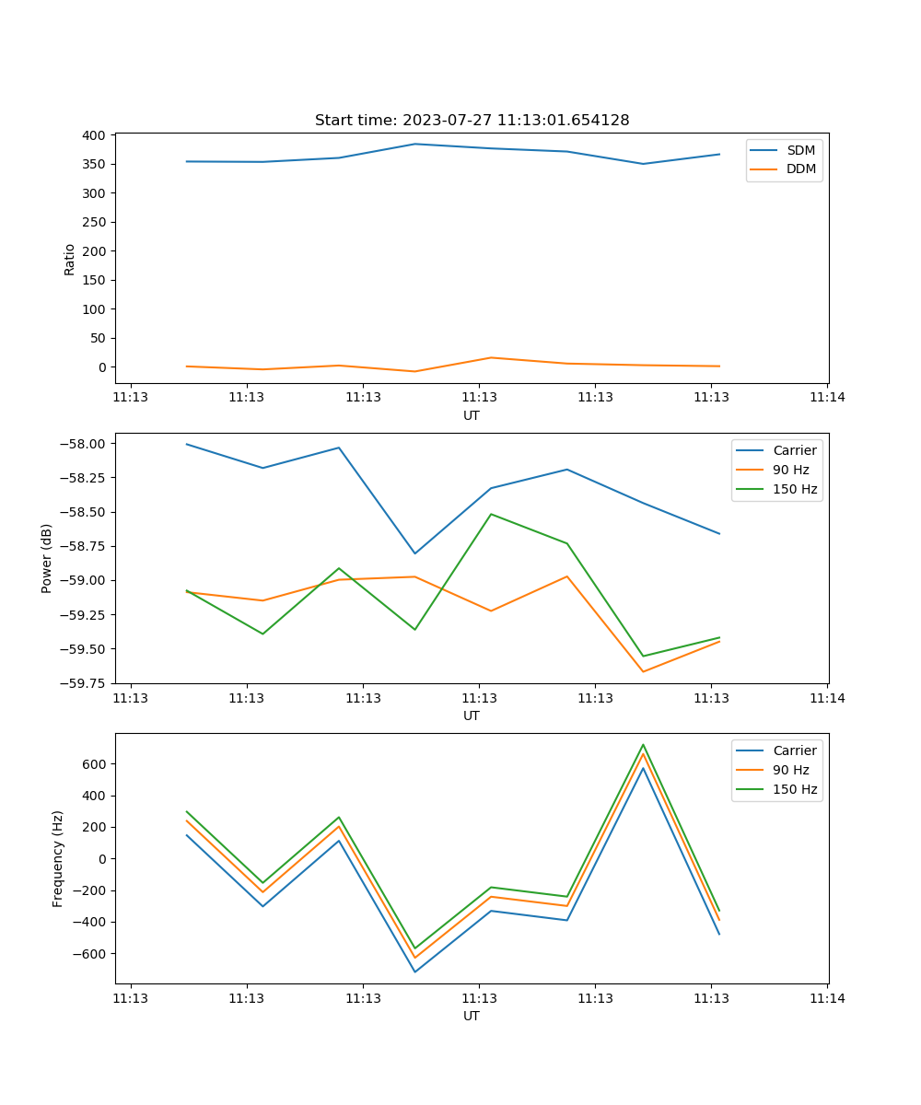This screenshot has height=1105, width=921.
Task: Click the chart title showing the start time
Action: click(472, 121)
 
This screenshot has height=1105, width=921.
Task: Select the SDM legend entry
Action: click(800, 150)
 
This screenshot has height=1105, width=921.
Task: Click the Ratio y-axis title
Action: click(70, 259)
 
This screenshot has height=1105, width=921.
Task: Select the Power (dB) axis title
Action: click(47, 558)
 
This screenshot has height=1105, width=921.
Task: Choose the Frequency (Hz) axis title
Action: click(58, 858)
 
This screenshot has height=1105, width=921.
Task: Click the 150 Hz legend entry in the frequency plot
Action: click(795, 789)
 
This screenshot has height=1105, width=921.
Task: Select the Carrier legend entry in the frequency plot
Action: click(794, 750)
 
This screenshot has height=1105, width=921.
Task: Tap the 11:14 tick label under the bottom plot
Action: click(826, 997)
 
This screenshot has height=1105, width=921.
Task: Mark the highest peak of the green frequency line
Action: click(643, 745)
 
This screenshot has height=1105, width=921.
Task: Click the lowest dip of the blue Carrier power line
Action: click(414, 553)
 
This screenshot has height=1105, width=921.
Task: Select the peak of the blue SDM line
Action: click(414, 144)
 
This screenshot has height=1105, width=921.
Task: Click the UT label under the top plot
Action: click(472, 415)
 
